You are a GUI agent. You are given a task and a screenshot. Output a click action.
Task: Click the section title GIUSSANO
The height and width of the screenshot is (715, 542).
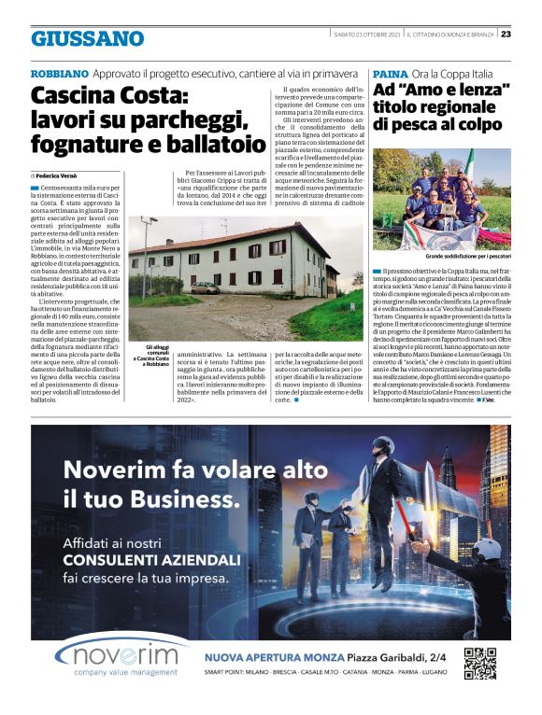(x=87, y=38)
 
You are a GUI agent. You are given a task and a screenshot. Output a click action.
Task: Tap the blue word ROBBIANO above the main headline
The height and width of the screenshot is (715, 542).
(x=60, y=73)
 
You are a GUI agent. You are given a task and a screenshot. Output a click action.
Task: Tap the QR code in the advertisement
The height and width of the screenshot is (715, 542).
(x=479, y=663)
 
